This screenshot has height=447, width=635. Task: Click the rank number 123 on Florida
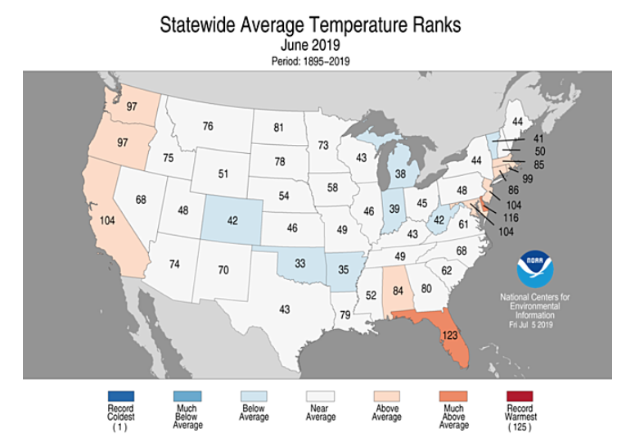[x=448, y=334]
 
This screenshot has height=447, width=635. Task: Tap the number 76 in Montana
[x=208, y=126]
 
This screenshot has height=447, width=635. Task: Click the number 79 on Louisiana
[x=345, y=314]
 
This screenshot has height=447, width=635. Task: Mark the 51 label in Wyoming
[x=223, y=174]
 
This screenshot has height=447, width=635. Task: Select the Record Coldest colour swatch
[x=119, y=396]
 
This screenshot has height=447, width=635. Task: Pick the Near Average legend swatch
[x=320, y=396]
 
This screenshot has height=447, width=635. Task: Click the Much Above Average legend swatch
[x=453, y=396]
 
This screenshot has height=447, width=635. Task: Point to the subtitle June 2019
[x=310, y=45]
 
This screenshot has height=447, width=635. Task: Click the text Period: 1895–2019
[x=310, y=61]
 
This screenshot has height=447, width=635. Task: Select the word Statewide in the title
[x=197, y=25]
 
